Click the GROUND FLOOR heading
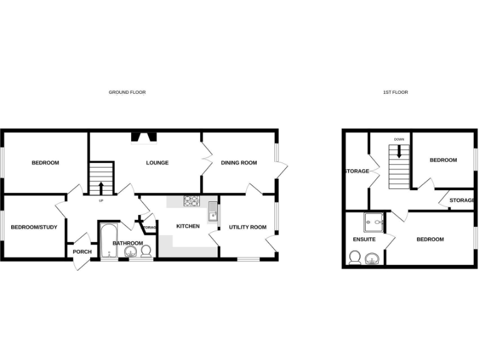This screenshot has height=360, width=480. pyautogui.click(x=127, y=92)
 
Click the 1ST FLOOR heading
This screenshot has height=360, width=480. pyautogui.click(x=395, y=92)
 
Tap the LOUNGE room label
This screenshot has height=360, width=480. pyautogui.click(x=157, y=163)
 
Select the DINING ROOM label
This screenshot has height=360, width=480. pyautogui.click(x=239, y=163)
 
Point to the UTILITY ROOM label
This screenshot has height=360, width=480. pyautogui.click(x=247, y=227)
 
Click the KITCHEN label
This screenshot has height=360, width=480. pyautogui.click(x=187, y=226)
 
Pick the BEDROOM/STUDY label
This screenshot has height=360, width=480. pyautogui.click(x=34, y=227)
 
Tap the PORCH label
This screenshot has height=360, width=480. pyautogui.click(x=82, y=252)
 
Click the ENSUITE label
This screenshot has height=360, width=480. pyautogui.click(x=364, y=239)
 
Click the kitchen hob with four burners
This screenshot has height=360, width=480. pyautogui.click(x=191, y=201)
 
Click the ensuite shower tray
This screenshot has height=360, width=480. pyautogui.click(x=374, y=221)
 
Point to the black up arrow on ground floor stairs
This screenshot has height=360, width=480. pyautogui.click(x=101, y=187)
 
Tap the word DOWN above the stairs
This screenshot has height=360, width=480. pyautogui.click(x=399, y=139)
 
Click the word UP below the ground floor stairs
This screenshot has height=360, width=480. pyautogui.click(x=101, y=201)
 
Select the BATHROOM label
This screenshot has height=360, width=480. pyautogui.click(x=127, y=243)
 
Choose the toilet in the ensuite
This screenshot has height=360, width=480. pyautogui.click(x=355, y=257)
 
